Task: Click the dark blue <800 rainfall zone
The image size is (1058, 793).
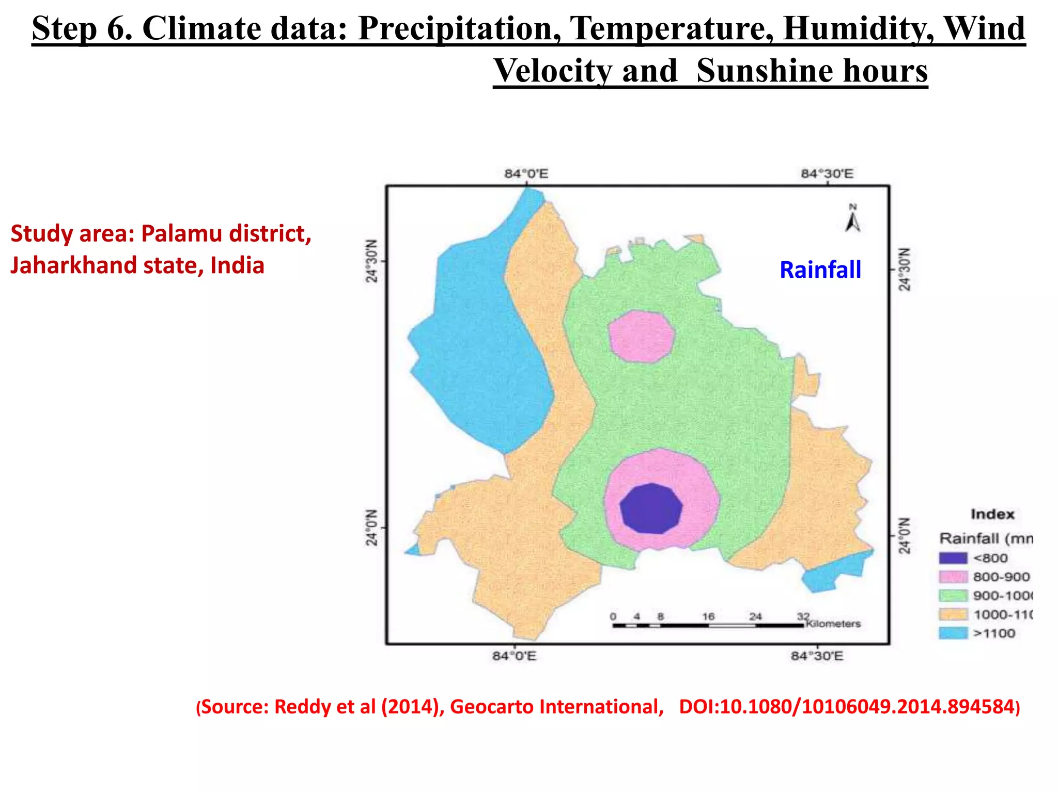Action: (x=651, y=509)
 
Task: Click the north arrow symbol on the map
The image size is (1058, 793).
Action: (x=852, y=219)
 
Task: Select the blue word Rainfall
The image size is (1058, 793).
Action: (x=820, y=270)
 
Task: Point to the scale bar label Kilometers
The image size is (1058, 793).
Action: (x=833, y=624)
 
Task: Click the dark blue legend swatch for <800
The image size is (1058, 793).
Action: (x=953, y=558)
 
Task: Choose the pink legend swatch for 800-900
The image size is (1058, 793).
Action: (x=953, y=577)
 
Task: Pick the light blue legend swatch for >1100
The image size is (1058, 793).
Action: (x=953, y=633)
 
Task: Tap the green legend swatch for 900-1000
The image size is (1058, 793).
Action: (x=953, y=595)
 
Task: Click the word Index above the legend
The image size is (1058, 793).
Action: (x=992, y=514)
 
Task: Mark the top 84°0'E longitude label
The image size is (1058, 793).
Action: (x=526, y=174)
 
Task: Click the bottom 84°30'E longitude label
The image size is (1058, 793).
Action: (x=817, y=656)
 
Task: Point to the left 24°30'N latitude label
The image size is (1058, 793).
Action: (x=372, y=261)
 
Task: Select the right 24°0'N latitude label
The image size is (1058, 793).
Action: (x=904, y=536)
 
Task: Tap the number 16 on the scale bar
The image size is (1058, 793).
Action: (x=708, y=616)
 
